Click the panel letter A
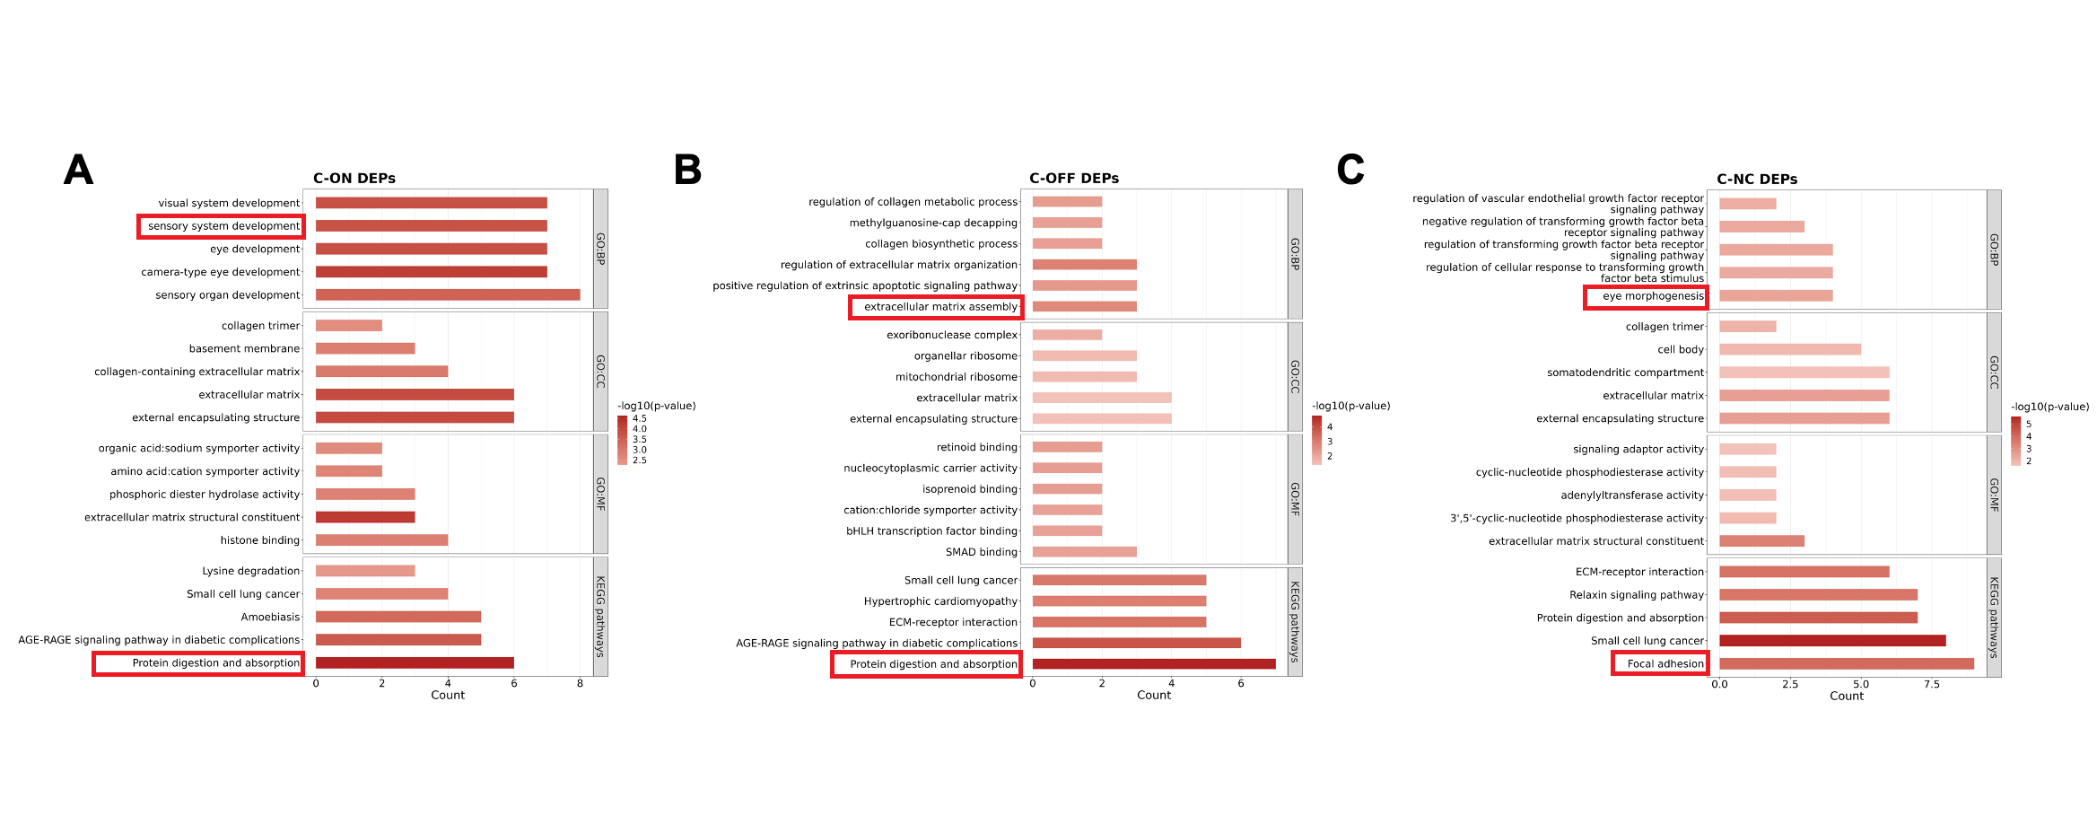78,170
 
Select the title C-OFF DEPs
1073,178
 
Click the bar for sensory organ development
447,294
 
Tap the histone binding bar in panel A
381,540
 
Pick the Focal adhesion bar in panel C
1846,664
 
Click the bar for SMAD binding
1084,552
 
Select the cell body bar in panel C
1789,349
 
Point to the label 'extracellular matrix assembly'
940,307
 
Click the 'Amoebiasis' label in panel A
270,618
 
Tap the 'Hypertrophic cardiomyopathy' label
940,601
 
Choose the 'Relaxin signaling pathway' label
1636,595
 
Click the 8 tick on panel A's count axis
580,684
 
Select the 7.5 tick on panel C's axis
1931,685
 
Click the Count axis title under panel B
1153,696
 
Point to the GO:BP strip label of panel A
600,249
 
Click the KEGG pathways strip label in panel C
1994,618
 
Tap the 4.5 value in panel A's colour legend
639,418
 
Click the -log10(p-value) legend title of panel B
1350,406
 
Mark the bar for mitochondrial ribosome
1084,377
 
